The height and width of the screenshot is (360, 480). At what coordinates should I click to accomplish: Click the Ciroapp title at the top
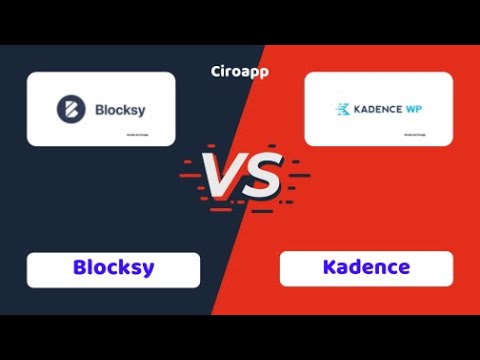pyautogui.click(x=240, y=72)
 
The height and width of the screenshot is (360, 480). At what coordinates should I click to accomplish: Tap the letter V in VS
pyautogui.click(x=222, y=177)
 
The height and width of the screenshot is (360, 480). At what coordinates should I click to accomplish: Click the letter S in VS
pyautogui.click(x=261, y=177)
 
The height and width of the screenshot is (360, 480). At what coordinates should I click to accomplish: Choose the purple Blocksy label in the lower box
pyautogui.click(x=113, y=268)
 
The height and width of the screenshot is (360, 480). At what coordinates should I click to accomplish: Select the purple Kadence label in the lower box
pyautogui.click(x=366, y=268)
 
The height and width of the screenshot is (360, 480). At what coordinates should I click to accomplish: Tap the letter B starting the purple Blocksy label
pyautogui.click(x=80, y=268)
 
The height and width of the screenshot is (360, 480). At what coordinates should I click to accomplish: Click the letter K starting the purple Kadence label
pyautogui.click(x=330, y=268)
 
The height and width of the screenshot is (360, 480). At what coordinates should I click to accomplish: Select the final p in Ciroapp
pyautogui.click(x=263, y=73)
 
